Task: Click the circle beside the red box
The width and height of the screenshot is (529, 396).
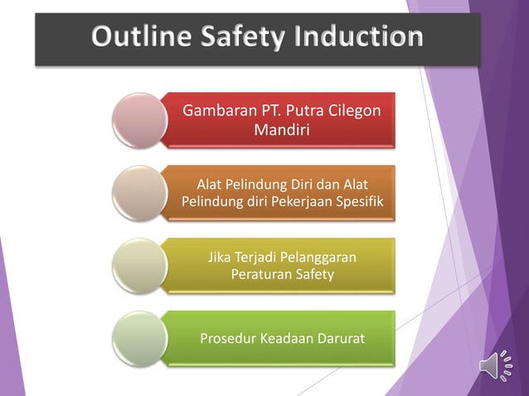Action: [x=137, y=119]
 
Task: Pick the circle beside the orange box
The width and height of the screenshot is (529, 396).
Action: [x=137, y=191]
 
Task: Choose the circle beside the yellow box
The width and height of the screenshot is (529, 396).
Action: [x=137, y=265]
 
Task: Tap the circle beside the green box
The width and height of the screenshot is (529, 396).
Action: [x=137, y=338]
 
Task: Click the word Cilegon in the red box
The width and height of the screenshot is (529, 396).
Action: [x=360, y=110]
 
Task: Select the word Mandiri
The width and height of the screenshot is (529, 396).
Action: [x=282, y=129]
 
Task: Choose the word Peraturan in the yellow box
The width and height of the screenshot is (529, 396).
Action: [x=258, y=274]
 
